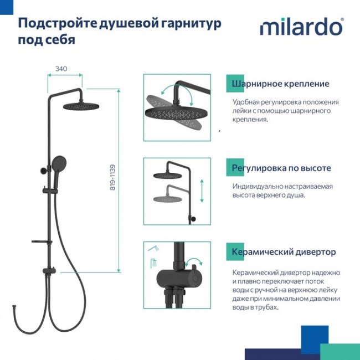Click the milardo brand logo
tap(301, 27)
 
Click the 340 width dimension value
tap(61, 68)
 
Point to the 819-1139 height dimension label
tap(112, 177)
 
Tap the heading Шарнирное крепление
tap(281, 84)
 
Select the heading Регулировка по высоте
tap(281, 168)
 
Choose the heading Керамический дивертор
tap(284, 252)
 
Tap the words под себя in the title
tap(47, 40)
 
